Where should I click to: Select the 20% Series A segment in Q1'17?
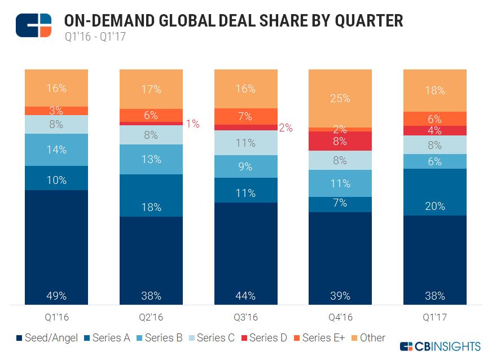(434, 192)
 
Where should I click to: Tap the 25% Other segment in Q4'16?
(340, 98)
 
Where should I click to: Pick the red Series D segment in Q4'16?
(340, 141)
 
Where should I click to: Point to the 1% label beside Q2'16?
(193, 124)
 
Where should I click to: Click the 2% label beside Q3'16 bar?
(285, 128)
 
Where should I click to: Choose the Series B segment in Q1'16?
(56, 150)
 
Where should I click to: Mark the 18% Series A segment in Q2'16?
(151, 195)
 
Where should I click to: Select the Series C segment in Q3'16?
(245, 143)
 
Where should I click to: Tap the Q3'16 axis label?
(245, 317)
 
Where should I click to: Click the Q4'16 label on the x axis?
(340, 317)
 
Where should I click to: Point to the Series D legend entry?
(263, 338)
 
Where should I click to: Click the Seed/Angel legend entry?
(48, 338)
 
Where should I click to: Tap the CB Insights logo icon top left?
(33, 25)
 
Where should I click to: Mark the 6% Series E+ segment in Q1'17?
(434, 118)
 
